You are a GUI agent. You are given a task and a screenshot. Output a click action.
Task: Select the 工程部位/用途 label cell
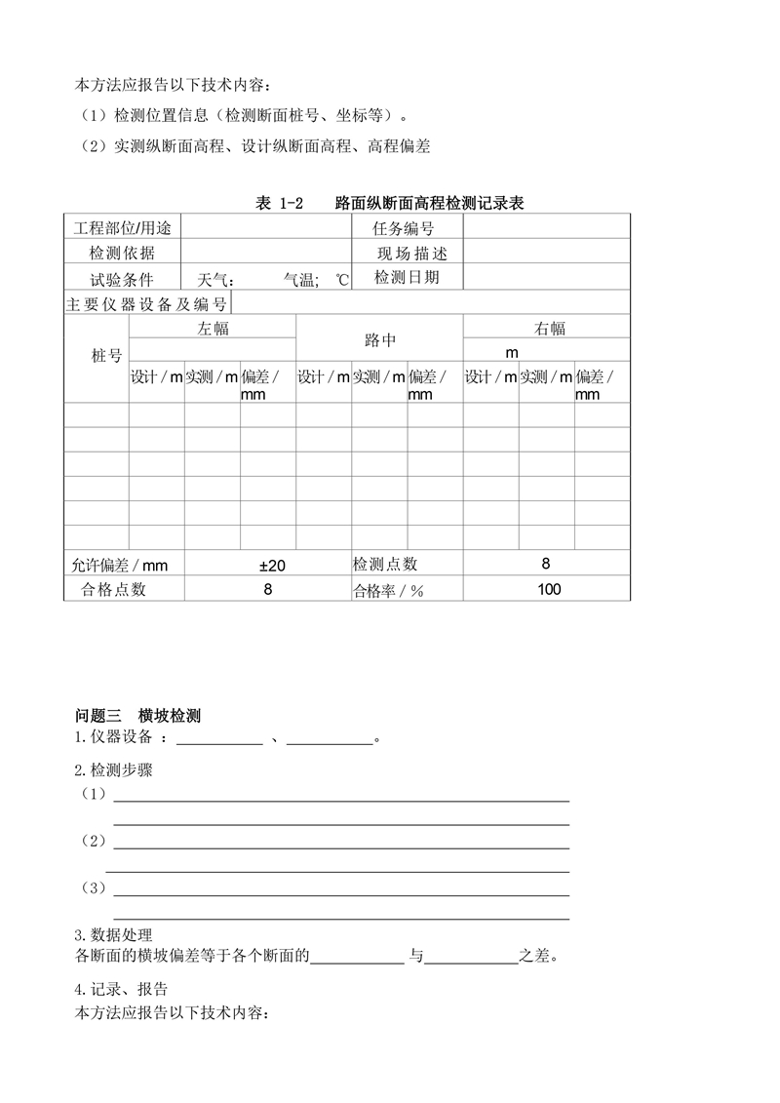tap(122, 228)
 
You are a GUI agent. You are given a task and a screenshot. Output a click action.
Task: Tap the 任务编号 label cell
tap(404, 228)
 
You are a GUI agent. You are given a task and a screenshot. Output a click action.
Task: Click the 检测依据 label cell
tap(122, 254)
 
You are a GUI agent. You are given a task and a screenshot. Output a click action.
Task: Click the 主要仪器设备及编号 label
tap(147, 303)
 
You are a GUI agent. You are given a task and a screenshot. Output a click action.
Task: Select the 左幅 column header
tap(213, 329)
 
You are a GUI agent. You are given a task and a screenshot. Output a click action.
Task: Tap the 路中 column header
tap(380, 340)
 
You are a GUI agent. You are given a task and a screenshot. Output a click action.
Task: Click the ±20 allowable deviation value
tap(272, 565)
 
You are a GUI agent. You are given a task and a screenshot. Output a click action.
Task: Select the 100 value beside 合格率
tap(549, 589)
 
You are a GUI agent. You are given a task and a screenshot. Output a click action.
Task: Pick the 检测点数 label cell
tap(385, 564)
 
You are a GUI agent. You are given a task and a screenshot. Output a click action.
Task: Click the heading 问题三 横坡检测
tap(138, 716)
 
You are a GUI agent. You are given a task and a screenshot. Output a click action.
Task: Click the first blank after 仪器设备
tap(218, 739)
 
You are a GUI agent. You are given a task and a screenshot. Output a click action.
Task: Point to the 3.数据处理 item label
tap(113, 935)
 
